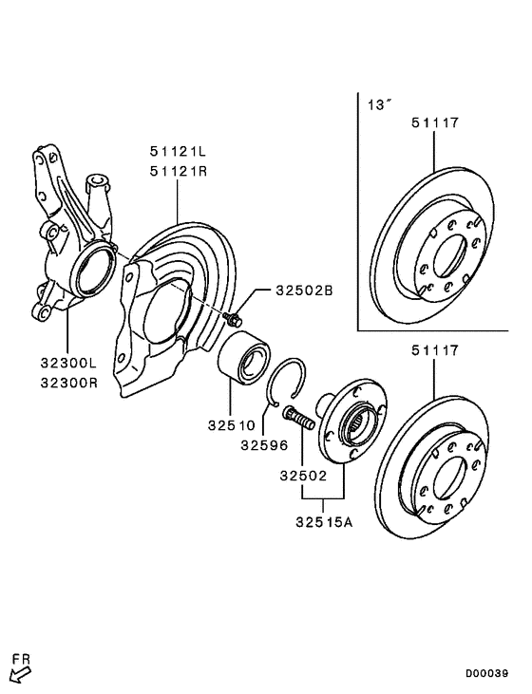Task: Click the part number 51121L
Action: (178, 151)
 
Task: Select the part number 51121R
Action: (178, 170)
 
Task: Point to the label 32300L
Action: (68, 362)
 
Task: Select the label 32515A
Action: (323, 521)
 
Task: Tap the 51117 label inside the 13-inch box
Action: (434, 122)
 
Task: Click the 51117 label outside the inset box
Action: (434, 350)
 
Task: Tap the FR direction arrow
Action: (20, 674)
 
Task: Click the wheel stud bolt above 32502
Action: (300, 418)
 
